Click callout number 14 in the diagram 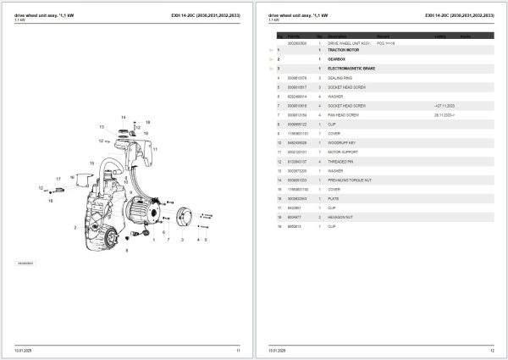pos(123,117)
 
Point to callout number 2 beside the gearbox pos(75,228)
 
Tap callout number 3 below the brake pos(181,240)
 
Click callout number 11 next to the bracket pos(156,149)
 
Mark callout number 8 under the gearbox pos(126,251)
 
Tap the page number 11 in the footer pos(238,350)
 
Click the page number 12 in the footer pos(493,350)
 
